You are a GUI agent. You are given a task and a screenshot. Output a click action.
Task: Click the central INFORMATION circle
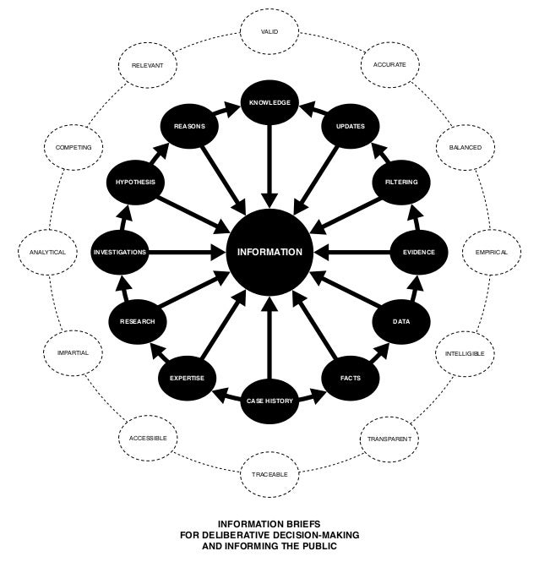tap(269, 252)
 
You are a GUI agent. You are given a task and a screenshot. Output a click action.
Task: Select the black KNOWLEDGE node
tap(269, 103)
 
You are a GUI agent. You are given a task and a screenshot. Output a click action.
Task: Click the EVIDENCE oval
tap(419, 252)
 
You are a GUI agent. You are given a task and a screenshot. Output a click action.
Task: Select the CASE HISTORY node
tap(269, 401)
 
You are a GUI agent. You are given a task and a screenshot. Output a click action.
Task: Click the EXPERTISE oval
tap(188, 378)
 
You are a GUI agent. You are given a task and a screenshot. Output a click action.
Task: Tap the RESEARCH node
tap(137, 322)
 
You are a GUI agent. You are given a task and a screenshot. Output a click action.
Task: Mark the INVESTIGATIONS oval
tap(120, 252)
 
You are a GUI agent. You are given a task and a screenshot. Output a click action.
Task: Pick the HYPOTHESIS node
tap(137, 182)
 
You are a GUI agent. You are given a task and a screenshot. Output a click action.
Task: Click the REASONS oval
tap(189, 126)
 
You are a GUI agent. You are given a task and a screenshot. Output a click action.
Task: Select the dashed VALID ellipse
tap(269, 32)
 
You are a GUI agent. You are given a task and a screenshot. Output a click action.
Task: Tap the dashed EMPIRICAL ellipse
tap(491, 252)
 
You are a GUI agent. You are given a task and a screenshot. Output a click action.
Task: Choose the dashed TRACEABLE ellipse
tap(269, 474)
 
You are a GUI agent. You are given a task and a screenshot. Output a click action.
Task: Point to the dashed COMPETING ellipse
tap(73, 148)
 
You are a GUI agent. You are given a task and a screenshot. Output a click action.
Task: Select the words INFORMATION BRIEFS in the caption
tap(269, 524)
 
